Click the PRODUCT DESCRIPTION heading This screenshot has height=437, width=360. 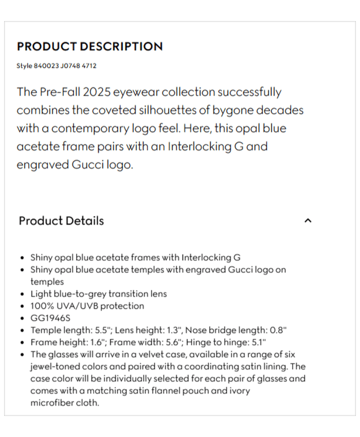coord(89,46)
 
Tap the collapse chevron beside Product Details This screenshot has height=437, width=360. coord(308,221)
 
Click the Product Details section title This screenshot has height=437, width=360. coord(61,221)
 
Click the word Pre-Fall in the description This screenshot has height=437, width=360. coord(58,93)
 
